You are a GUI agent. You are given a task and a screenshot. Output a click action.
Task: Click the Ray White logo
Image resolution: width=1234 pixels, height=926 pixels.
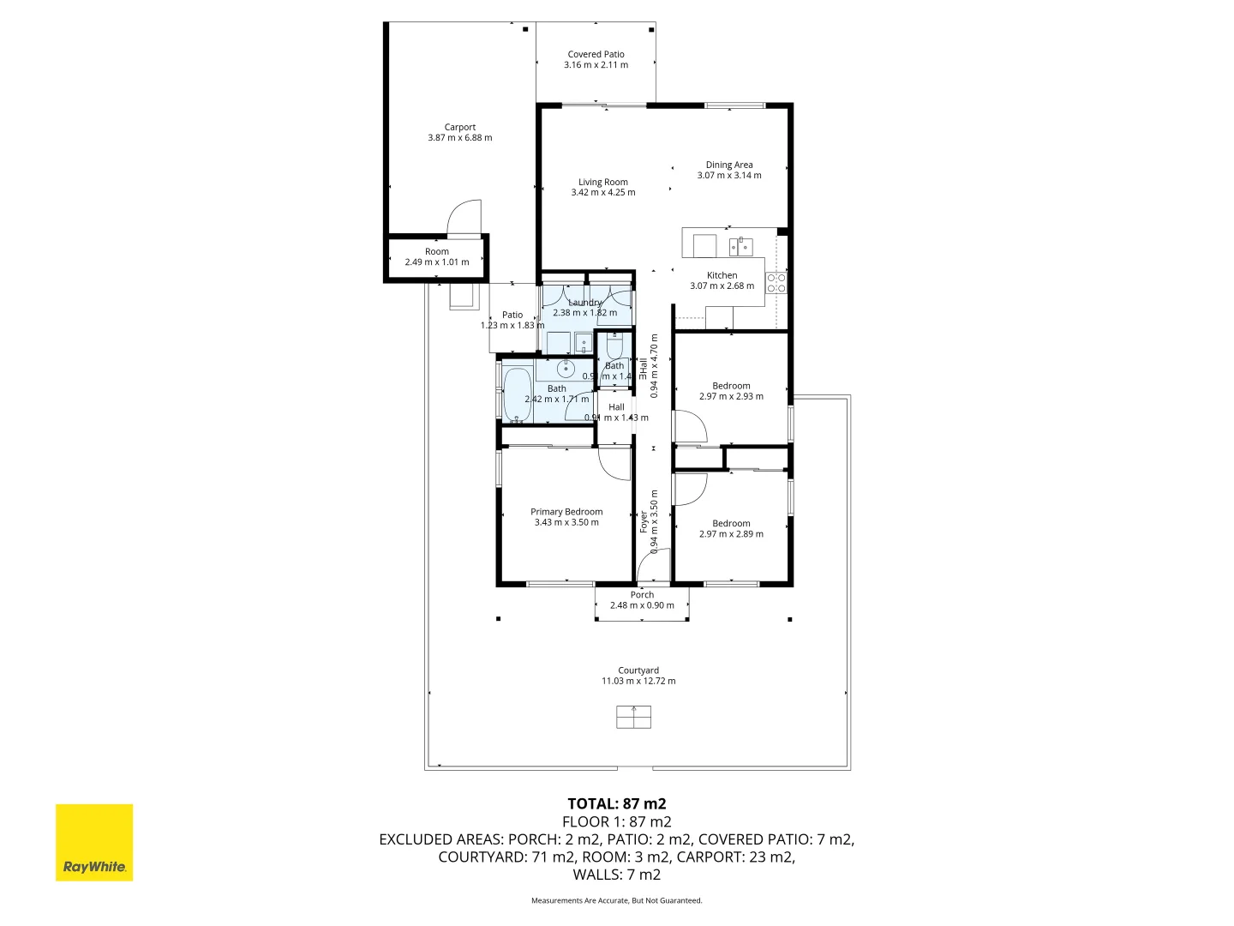point(94,842)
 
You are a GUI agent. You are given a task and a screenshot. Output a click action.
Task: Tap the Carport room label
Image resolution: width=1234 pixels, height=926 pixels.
point(460,127)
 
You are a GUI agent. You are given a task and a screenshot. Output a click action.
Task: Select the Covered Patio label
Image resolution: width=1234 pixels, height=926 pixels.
point(596,54)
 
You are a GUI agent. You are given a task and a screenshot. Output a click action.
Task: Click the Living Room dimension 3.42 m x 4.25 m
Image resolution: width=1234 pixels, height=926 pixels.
point(603,193)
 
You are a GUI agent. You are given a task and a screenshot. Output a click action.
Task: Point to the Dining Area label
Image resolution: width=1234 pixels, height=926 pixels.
point(729,165)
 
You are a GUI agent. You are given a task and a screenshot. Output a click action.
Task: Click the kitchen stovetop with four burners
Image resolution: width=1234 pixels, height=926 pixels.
point(776,283)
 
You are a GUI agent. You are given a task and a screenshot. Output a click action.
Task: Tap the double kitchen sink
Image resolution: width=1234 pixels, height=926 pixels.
point(740,247)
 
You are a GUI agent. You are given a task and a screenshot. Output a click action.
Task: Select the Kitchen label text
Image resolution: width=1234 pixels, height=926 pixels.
point(722,275)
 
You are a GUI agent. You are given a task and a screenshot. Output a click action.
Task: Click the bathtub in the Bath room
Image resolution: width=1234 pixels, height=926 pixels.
point(518,395)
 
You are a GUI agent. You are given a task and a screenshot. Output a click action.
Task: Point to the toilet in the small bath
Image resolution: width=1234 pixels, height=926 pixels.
point(614,347)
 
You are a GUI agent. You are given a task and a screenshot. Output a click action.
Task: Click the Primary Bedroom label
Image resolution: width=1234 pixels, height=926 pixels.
point(566,512)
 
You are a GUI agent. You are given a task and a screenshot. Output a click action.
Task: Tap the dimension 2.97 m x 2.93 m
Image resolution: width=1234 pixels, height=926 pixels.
point(731,397)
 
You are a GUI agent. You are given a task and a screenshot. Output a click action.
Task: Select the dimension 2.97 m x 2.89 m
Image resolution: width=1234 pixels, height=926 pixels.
point(731,534)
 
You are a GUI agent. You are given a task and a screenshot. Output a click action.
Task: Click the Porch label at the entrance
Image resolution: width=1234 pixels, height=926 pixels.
point(642,595)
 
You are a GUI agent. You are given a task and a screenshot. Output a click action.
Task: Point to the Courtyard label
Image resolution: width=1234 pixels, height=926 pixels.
point(638,670)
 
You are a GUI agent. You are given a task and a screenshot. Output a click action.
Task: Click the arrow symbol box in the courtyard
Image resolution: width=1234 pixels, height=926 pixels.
point(633,717)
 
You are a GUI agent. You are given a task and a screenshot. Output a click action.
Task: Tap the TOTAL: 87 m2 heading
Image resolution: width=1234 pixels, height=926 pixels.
point(617,803)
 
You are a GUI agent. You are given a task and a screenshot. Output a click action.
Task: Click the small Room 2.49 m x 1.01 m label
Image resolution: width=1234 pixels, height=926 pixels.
point(437,256)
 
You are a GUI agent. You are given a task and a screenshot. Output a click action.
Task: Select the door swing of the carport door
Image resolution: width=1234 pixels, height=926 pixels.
point(464,217)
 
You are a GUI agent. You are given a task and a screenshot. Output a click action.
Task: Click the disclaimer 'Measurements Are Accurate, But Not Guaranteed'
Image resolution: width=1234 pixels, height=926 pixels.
point(617,900)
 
